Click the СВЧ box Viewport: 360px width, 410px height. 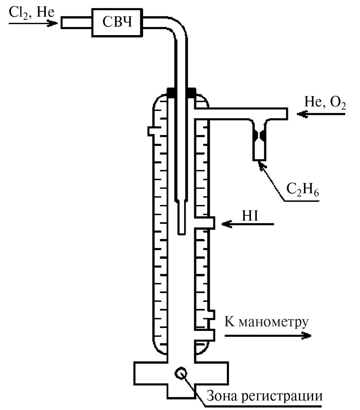[x=117, y=22]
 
